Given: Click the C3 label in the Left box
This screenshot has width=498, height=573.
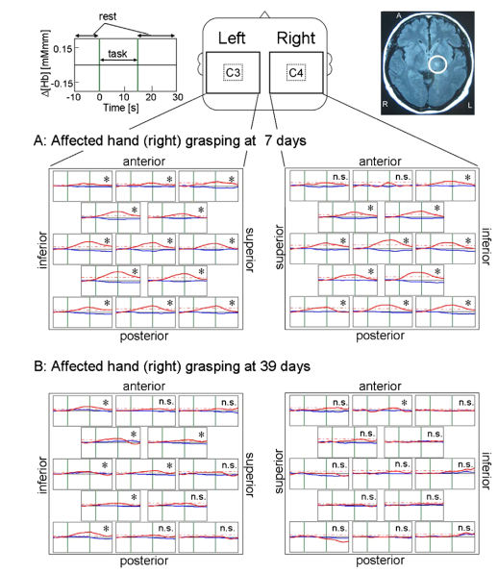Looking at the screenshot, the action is click(x=233, y=73).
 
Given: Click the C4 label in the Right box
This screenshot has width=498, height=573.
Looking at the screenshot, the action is click(x=296, y=73).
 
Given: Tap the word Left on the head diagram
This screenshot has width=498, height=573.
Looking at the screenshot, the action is click(x=232, y=38).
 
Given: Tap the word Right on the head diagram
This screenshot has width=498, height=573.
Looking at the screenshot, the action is click(x=296, y=38).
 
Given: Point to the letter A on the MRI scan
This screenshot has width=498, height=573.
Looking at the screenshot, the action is click(x=399, y=15).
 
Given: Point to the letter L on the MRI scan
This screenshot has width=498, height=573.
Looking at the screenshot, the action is click(x=469, y=105).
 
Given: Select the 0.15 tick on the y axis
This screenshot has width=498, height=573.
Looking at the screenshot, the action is click(x=62, y=48).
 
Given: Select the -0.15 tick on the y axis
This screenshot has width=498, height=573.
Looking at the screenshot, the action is click(x=62, y=83).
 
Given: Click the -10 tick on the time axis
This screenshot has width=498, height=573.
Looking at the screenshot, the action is click(x=73, y=97).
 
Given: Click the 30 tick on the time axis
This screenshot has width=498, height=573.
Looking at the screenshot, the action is click(x=178, y=97).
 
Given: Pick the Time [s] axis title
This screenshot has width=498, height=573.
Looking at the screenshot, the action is click(x=121, y=108).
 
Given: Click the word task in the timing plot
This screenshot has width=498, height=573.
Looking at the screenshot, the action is click(x=117, y=54).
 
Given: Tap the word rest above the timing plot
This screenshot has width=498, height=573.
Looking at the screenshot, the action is click(x=108, y=16).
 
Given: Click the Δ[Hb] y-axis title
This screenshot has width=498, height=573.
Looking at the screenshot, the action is click(x=46, y=64).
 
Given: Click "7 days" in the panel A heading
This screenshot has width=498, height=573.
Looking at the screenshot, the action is click(x=286, y=140).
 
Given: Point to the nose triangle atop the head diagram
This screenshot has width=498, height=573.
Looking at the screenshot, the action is click(x=264, y=15).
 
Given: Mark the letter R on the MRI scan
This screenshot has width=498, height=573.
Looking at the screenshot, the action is click(x=386, y=105).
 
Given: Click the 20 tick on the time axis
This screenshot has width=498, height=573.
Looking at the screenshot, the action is click(x=151, y=97).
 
